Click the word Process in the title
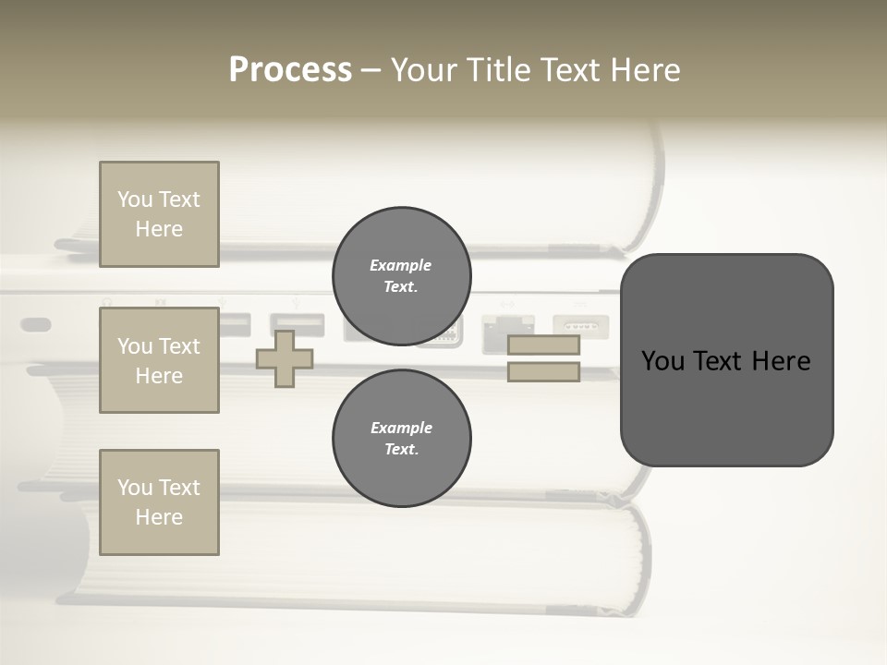(290, 70)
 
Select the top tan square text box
(159, 214)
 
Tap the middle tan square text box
(159, 360)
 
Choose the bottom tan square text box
(159, 502)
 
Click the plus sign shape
(284, 358)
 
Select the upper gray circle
(401, 276)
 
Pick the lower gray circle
(401, 439)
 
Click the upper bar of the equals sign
(543, 345)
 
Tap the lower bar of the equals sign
(543, 372)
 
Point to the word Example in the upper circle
(400, 265)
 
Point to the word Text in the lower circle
(400, 450)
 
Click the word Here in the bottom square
(159, 517)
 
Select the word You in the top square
(135, 199)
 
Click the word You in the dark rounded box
(663, 361)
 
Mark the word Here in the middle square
(159, 376)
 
